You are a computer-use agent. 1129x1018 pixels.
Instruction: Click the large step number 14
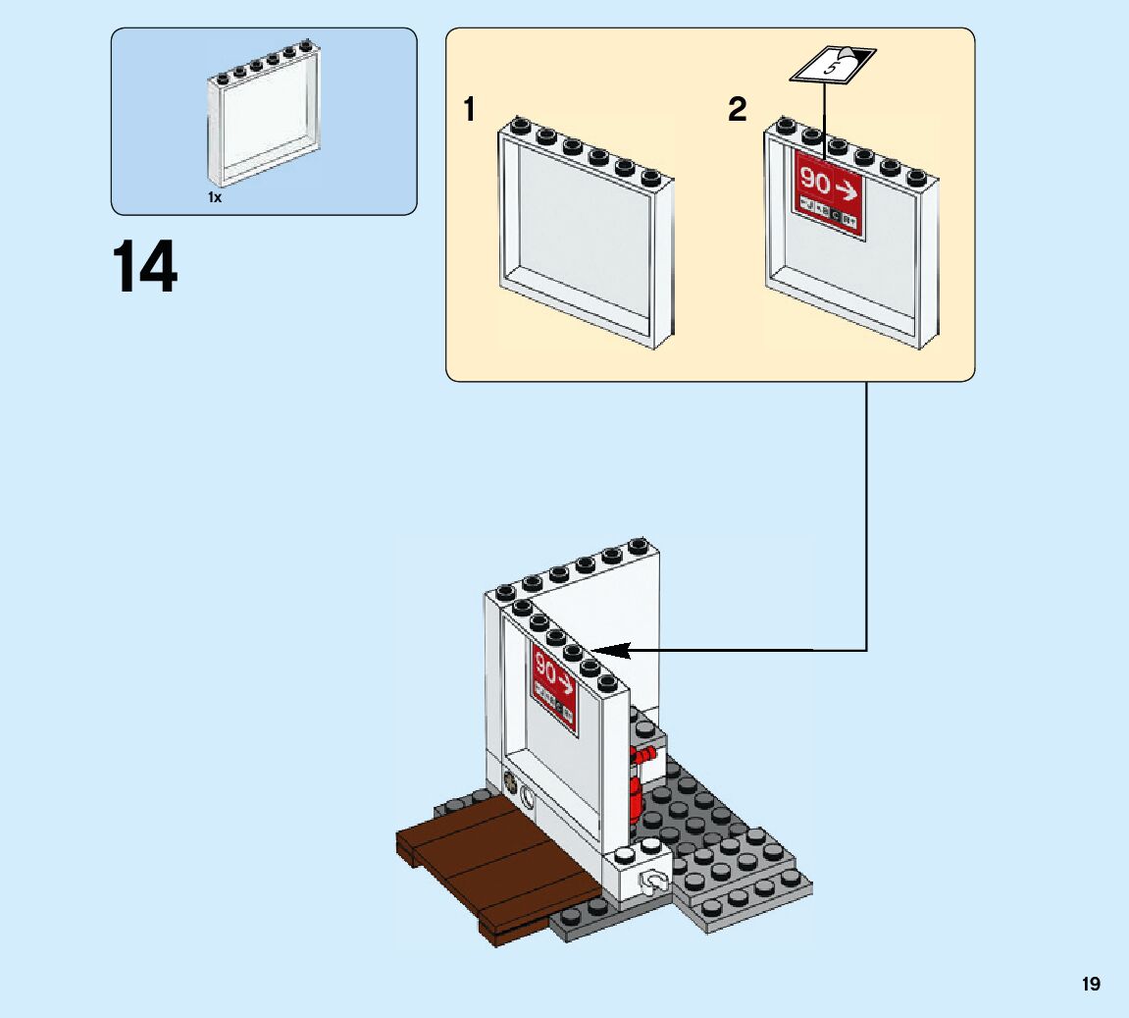click(145, 267)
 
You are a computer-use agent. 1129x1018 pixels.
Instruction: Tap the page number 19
click(1091, 984)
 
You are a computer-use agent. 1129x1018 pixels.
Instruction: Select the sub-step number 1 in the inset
click(470, 110)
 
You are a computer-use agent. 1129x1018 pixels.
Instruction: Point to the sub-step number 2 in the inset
click(737, 110)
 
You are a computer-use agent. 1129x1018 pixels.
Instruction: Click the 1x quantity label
click(215, 197)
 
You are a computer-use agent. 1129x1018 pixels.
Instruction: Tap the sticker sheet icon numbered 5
click(832, 67)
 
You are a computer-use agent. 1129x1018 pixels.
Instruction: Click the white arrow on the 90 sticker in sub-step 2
click(847, 186)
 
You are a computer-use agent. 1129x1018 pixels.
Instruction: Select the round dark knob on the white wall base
click(510, 782)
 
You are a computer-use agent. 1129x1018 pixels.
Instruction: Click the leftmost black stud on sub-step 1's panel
click(520, 125)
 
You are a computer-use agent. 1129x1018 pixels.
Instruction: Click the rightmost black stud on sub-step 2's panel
click(916, 177)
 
